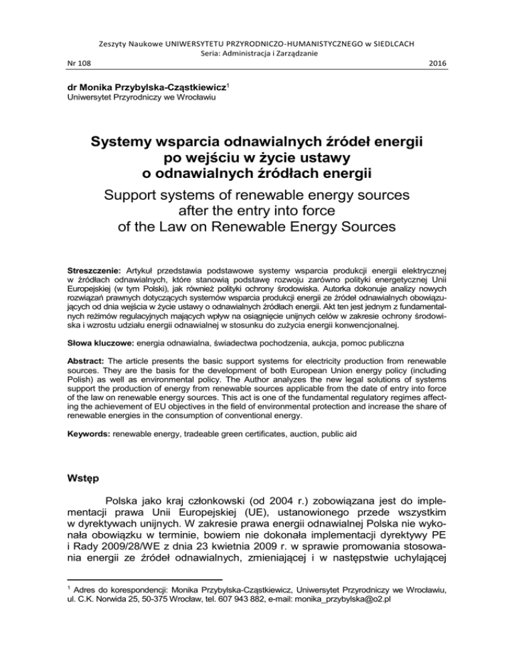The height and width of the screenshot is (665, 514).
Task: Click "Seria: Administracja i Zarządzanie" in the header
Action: (256, 51)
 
